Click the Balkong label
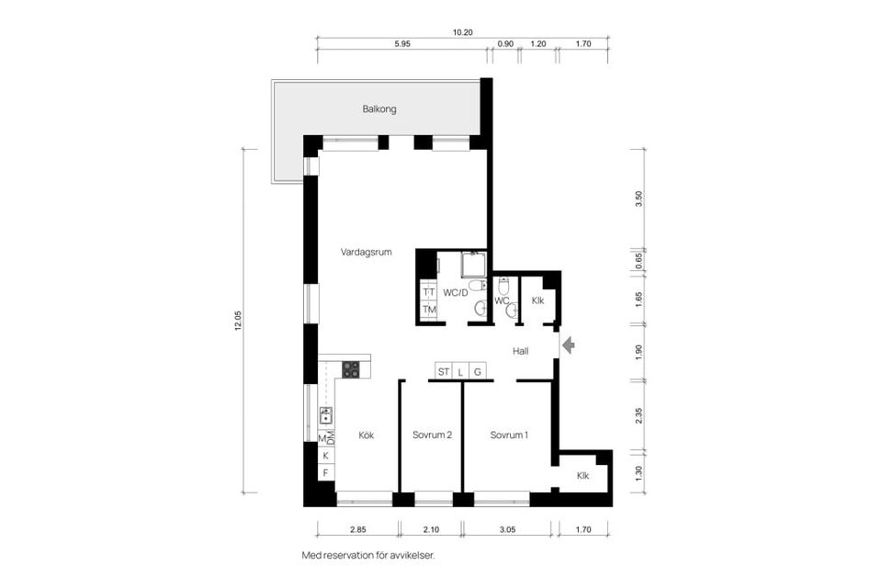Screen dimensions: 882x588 (379, 109)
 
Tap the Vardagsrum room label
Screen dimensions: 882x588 (367, 252)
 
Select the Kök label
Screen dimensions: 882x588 (367, 435)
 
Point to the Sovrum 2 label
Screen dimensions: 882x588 (432, 435)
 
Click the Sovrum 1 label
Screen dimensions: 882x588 (509, 435)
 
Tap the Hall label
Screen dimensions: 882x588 (520, 351)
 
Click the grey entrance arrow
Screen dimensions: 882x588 (568, 345)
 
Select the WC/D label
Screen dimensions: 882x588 (456, 292)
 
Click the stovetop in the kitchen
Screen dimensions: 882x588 (351, 369)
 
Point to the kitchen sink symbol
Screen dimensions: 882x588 (325, 416)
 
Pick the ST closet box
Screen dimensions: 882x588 (444, 371)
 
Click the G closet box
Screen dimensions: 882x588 (478, 371)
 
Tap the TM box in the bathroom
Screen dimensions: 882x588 (429, 310)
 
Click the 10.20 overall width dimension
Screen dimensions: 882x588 (463, 32)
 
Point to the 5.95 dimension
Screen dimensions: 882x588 (402, 44)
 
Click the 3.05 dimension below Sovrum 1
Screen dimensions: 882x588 (507, 529)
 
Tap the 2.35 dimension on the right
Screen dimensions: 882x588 (639, 416)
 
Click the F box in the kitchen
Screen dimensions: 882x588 (325, 472)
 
